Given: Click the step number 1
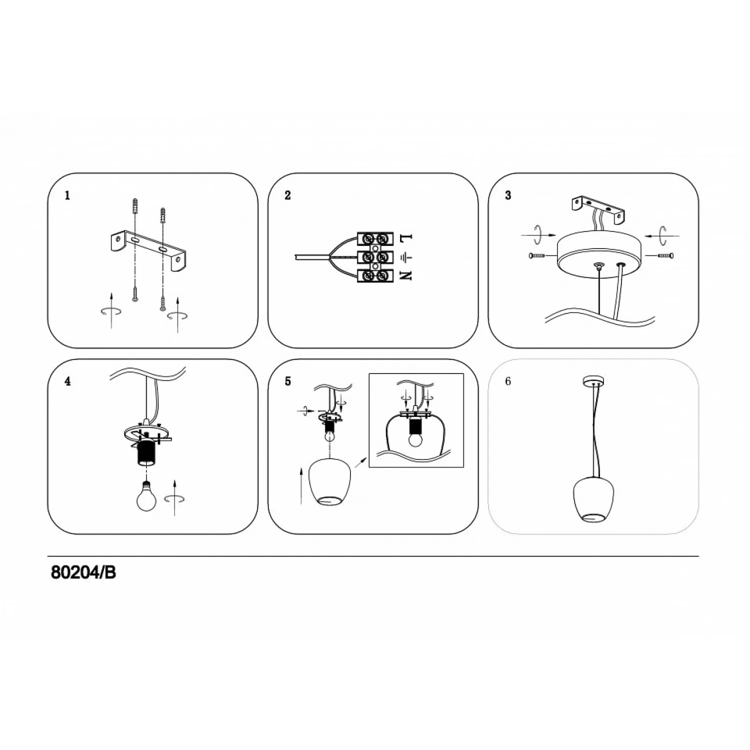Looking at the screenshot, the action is point(67,195).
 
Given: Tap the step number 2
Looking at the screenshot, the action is point(287,195).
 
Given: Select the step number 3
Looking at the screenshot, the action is point(508,195).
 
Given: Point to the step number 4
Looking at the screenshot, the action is point(67,381).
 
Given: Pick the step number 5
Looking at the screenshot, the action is point(287,381).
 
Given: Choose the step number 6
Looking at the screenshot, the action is point(508,381).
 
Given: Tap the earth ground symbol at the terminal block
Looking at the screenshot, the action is point(406,257).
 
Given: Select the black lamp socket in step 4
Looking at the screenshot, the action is point(146,453).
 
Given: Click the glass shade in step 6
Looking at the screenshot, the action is point(593,500).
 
